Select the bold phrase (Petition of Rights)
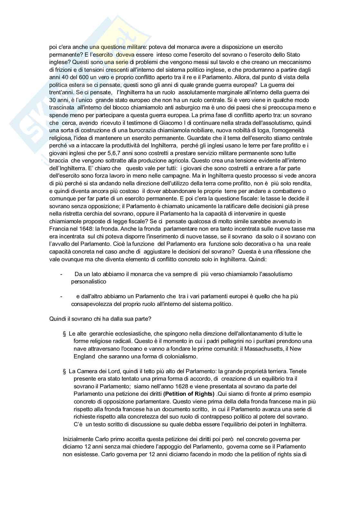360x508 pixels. click(189, 394)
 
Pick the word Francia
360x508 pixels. click(58, 229)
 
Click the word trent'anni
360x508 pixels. click(61, 92)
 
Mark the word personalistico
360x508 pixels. click(89, 282)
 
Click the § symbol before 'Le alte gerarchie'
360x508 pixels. click(65, 334)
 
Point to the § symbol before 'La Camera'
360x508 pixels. click(65, 372)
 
